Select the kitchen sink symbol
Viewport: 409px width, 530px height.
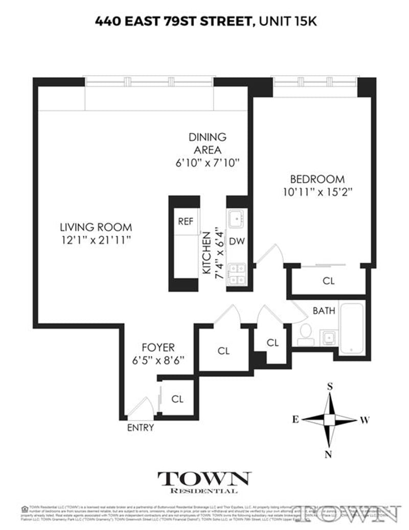tap(236, 219)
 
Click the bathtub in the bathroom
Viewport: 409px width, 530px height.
tap(352, 327)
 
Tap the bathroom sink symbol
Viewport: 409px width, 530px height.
tap(328, 337)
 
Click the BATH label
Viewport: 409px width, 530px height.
tap(324, 311)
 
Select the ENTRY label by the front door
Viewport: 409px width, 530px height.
tap(140, 428)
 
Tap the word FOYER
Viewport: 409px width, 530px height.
tap(158, 347)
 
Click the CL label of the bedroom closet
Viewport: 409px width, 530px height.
tap(328, 281)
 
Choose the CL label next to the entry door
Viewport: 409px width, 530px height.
tap(177, 399)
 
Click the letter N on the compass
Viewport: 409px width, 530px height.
tap(329, 454)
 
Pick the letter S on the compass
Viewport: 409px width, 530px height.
tap(330, 387)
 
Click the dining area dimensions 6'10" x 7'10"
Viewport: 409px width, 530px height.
tap(207, 163)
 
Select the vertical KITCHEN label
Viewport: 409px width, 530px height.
tap(207, 254)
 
